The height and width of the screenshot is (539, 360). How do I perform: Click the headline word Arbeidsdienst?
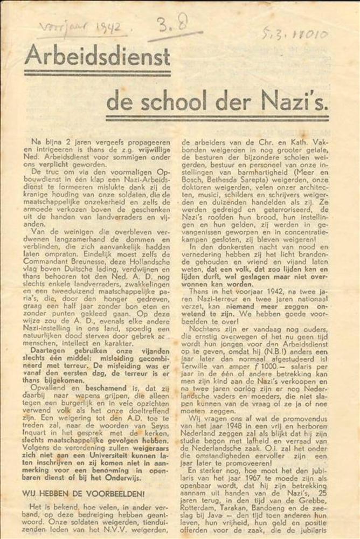pos(97,56)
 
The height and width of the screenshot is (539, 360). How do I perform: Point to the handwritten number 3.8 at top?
pos(170,24)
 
